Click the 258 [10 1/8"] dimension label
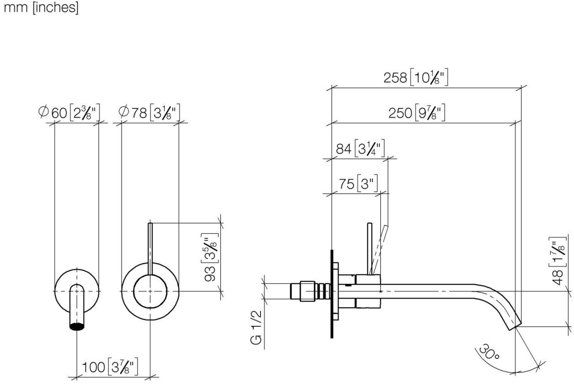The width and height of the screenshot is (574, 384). tap(415, 78)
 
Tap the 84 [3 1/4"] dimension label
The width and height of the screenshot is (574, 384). tap(361, 149)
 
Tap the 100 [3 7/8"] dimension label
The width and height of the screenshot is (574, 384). tap(110, 367)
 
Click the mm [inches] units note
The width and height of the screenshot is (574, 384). tap(41, 9)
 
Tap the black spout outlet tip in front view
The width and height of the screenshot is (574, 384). tap(77, 326)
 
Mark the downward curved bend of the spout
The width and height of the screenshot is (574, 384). tap(496, 299)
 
